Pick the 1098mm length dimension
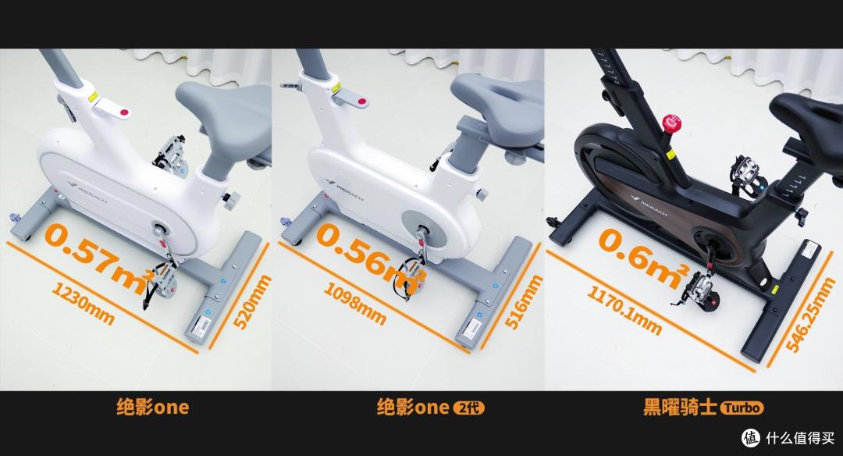pos(354,303)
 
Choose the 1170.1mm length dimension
pos(624,310)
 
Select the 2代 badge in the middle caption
pos(469,408)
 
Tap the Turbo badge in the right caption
pos(742,408)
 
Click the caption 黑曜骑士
pos(680,407)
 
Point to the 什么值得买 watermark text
pos(800,438)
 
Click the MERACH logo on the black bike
pos(649,206)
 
